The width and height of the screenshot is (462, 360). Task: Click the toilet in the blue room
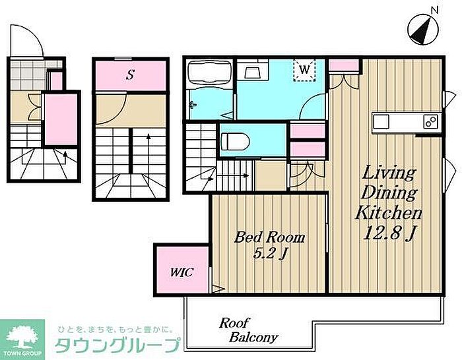(235, 141)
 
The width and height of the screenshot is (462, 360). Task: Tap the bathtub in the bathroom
(210, 73)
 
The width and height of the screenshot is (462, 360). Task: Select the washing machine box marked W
(304, 70)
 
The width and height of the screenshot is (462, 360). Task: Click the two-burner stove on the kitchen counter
(431, 121)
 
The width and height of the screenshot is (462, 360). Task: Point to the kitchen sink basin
(381, 121)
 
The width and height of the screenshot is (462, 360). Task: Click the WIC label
(181, 272)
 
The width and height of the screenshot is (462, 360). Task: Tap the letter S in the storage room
(130, 75)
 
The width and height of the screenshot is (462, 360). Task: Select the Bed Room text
(269, 237)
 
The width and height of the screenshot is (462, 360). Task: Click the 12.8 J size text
(389, 234)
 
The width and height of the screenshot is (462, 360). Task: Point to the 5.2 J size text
(269, 253)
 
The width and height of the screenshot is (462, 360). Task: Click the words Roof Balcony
(248, 330)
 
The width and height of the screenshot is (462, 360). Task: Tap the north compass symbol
(423, 30)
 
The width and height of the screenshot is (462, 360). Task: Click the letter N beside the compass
(434, 11)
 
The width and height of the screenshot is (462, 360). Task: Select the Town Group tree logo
(22, 340)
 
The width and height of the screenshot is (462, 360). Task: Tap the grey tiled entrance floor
(28, 75)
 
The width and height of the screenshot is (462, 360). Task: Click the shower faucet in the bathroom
(193, 104)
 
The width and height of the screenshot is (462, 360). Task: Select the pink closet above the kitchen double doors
(344, 65)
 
